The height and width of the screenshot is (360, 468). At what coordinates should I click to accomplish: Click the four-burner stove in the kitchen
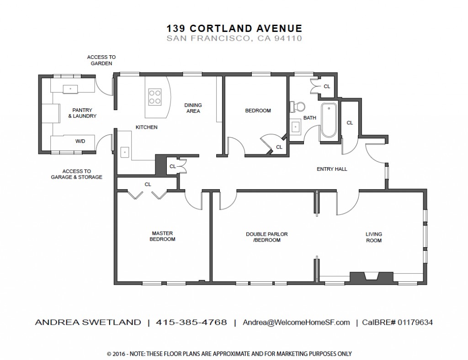point(155,97)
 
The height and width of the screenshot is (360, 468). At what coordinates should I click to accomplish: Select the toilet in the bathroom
point(297,106)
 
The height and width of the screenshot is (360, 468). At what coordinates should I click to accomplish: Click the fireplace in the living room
point(371,277)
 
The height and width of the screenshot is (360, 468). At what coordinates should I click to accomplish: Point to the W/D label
point(80,141)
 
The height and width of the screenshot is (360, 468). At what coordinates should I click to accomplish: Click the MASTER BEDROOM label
point(162,236)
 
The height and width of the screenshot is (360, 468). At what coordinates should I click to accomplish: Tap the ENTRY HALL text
point(332,169)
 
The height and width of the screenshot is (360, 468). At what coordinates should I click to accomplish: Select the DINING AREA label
point(193,108)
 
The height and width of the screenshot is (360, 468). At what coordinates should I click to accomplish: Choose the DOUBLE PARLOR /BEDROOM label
point(267,237)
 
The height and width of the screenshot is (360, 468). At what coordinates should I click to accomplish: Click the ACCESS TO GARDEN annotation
point(101,60)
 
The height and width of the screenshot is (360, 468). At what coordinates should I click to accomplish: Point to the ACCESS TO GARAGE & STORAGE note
point(77,174)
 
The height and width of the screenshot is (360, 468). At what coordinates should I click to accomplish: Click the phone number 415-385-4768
point(191,323)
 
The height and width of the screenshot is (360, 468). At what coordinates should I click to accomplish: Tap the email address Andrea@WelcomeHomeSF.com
point(296,323)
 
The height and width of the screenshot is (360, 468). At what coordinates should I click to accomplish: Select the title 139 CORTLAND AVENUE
point(234,28)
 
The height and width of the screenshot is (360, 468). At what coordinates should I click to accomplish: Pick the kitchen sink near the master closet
point(124,152)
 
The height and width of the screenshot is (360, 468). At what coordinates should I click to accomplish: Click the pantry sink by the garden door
point(70,89)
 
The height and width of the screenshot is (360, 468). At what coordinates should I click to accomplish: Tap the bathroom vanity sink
point(296,127)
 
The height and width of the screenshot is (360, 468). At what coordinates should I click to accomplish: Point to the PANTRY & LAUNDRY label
point(82,113)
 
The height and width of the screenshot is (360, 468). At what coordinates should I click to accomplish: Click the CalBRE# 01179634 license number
point(397,323)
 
